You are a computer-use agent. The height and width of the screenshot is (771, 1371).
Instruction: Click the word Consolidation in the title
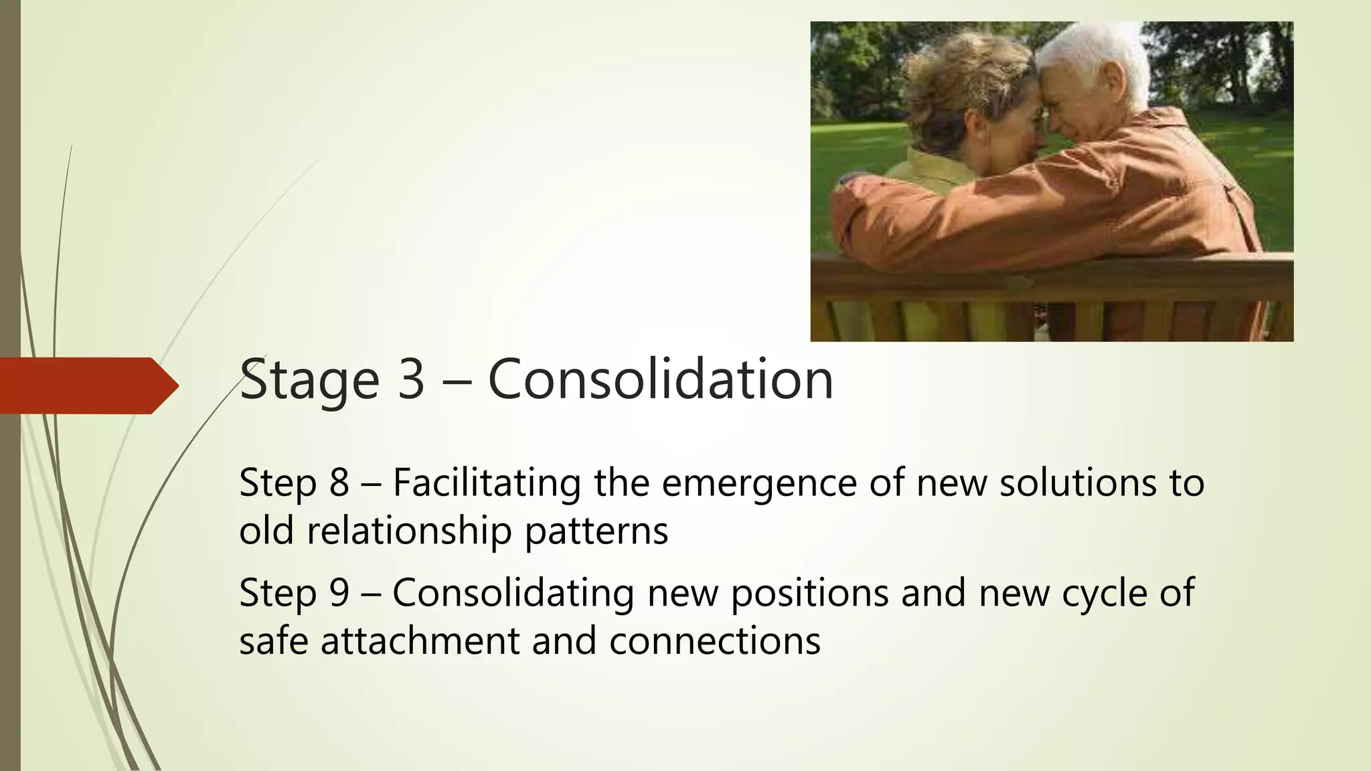(x=660, y=379)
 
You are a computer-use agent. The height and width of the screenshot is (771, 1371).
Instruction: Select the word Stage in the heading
(x=310, y=381)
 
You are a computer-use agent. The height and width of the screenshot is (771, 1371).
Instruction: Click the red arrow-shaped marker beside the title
(x=87, y=385)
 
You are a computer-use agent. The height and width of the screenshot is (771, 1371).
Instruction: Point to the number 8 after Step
(x=339, y=483)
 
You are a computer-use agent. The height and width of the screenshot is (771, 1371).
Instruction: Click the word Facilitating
(x=487, y=484)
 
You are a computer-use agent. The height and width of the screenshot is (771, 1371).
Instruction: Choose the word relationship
(x=410, y=531)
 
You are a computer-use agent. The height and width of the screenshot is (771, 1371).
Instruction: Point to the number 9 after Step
(x=339, y=593)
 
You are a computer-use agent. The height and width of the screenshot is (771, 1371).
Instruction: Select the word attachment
(x=420, y=641)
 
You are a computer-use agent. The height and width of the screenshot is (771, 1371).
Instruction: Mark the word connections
(x=714, y=641)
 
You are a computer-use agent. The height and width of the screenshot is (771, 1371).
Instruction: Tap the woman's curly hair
(x=964, y=74)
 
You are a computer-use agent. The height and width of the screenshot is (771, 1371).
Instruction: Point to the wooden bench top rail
(x=1051, y=268)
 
